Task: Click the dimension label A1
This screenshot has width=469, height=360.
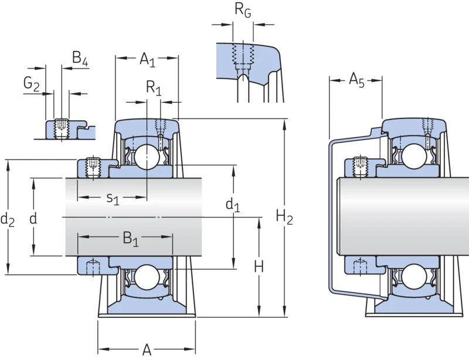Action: (148, 59)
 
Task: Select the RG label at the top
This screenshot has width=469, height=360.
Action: (243, 10)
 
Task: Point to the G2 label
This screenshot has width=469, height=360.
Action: (32, 83)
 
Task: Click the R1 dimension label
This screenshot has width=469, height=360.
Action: (154, 88)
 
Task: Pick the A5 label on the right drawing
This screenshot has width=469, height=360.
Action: (357, 80)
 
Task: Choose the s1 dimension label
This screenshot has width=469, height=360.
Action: (113, 198)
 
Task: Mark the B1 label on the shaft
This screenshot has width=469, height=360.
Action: (131, 239)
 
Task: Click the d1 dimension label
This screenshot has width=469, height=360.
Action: (233, 205)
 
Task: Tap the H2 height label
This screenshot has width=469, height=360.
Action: (284, 217)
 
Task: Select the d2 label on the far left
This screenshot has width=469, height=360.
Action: (8, 219)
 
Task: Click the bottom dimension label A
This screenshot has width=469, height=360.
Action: (147, 349)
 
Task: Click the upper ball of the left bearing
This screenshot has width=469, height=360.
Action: (147, 157)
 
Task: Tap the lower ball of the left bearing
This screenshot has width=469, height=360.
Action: (147, 277)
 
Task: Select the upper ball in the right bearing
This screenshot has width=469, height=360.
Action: (414, 156)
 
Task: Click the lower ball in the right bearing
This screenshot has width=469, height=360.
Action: (414, 276)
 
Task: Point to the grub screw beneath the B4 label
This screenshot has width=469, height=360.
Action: (62, 128)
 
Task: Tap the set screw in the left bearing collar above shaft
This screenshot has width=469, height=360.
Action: (93, 167)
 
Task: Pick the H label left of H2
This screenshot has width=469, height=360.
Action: (259, 267)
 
